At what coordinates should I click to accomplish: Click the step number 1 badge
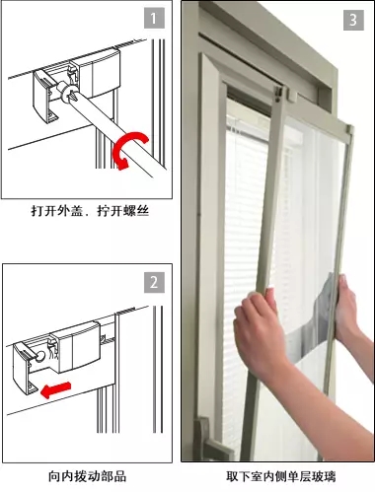[154, 19]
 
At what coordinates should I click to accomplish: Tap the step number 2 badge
[154, 282]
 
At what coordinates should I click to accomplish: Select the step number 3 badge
[353, 20]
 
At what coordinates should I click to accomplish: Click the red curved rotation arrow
[130, 149]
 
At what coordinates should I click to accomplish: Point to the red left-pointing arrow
[55, 390]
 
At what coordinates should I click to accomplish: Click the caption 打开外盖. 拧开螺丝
[90, 211]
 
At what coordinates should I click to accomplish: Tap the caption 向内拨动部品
[87, 476]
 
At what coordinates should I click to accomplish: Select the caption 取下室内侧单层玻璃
[281, 476]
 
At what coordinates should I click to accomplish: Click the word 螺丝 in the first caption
[136, 211]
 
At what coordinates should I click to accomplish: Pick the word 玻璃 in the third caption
[324, 476]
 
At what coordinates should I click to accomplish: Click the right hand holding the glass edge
[348, 313]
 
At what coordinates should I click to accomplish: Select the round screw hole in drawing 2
[41, 356]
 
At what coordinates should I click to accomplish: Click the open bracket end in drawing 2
[26, 368]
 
